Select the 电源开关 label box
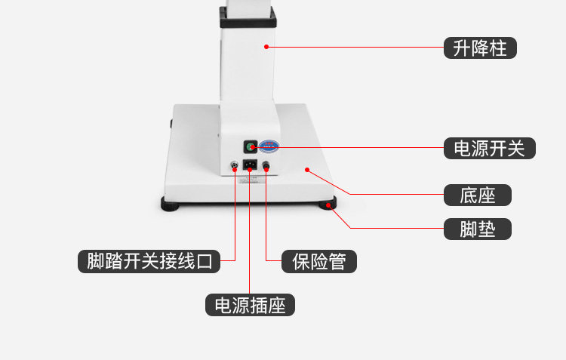click(x=490, y=148)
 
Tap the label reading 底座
click(x=477, y=195)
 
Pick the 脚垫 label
click(x=477, y=228)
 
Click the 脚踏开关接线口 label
click(x=149, y=261)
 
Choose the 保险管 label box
click(x=318, y=261)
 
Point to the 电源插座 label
click(x=250, y=305)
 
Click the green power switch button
click(x=249, y=147)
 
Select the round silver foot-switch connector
click(x=234, y=166)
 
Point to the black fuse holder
click(x=266, y=166)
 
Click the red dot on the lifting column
click(x=266, y=47)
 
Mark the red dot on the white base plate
click(x=306, y=170)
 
